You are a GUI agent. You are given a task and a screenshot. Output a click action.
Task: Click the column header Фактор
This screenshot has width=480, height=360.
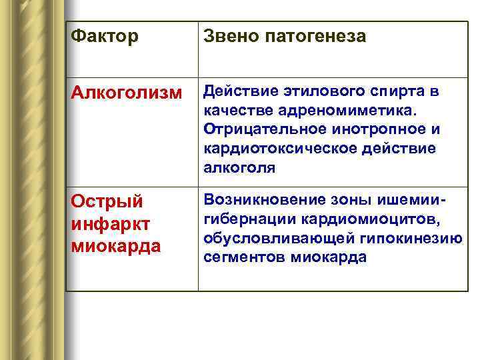pos(105,36)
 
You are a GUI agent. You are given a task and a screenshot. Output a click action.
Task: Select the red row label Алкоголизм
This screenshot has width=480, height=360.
pos(126,95)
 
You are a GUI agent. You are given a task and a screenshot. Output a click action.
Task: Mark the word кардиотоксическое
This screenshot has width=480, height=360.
pos(281,147)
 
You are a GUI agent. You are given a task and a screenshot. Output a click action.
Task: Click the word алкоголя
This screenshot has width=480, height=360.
pos(239,167)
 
